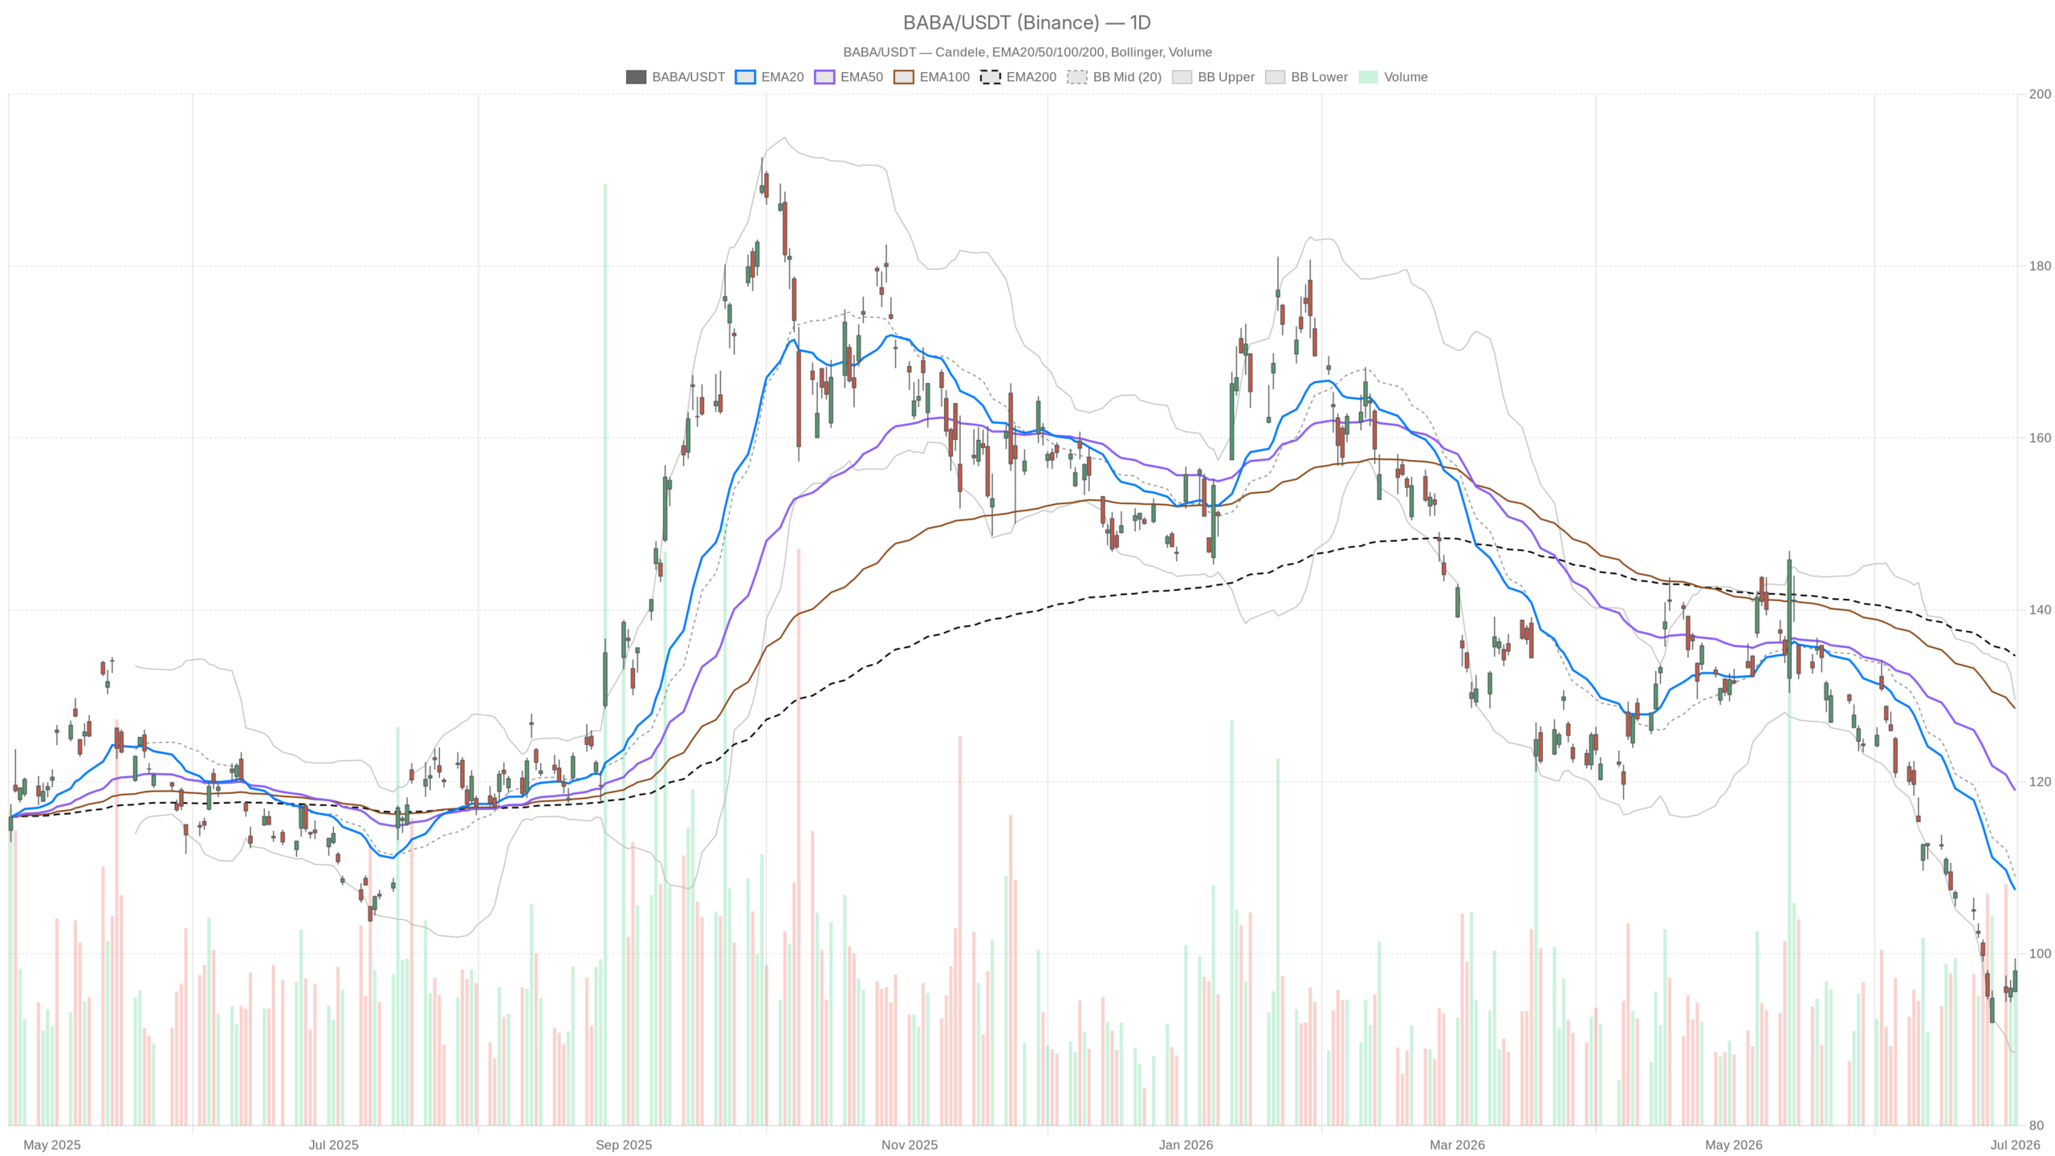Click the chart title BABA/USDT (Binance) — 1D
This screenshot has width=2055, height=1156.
(x=1027, y=22)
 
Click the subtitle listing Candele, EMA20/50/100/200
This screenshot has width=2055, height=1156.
(x=1027, y=52)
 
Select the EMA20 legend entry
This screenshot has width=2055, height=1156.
(x=769, y=77)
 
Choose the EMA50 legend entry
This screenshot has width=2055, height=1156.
(x=848, y=77)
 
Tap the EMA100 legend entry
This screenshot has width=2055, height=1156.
(x=931, y=77)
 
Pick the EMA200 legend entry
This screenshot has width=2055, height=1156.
(x=1018, y=77)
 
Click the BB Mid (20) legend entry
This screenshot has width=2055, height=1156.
(x=1114, y=77)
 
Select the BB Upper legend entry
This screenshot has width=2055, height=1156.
(x=1213, y=77)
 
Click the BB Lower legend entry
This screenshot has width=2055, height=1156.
(x=1306, y=77)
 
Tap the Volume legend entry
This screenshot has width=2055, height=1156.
(x=1393, y=77)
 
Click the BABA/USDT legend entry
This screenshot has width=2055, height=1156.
(x=675, y=77)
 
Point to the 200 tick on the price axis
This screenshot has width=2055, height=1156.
(x=2040, y=94)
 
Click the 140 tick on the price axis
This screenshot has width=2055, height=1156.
(x=2040, y=610)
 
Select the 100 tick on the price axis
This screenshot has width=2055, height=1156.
(x=2040, y=954)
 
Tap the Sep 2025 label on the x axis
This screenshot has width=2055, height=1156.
(x=624, y=1145)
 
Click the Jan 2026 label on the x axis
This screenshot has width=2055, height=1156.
(x=1186, y=1145)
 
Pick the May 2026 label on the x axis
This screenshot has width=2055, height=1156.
(x=1734, y=1145)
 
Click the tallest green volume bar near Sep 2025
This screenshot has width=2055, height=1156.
(x=605, y=654)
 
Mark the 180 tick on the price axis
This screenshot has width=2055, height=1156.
(x=2040, y=266)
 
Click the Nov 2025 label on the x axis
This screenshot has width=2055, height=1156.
(x=909, y=1145)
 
